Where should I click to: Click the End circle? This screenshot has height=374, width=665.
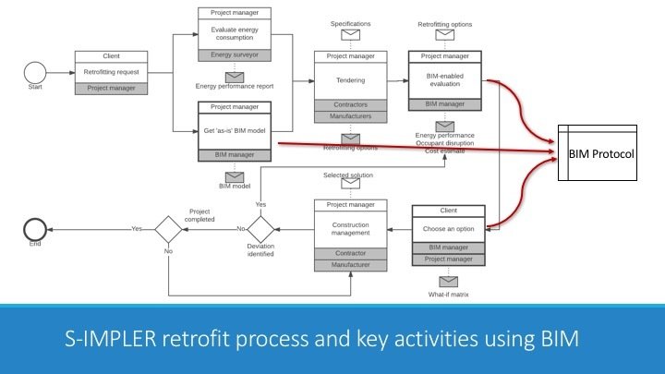(36, 228)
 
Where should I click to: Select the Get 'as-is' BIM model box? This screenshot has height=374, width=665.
(234, 131)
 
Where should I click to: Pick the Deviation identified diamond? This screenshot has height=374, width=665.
(260, 228)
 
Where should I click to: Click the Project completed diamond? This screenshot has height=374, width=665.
(168, 228)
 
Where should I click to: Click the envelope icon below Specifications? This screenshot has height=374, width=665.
(350, 36)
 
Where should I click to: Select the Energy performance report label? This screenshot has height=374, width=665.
(234, 86)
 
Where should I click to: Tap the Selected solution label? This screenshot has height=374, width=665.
(348, 175)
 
